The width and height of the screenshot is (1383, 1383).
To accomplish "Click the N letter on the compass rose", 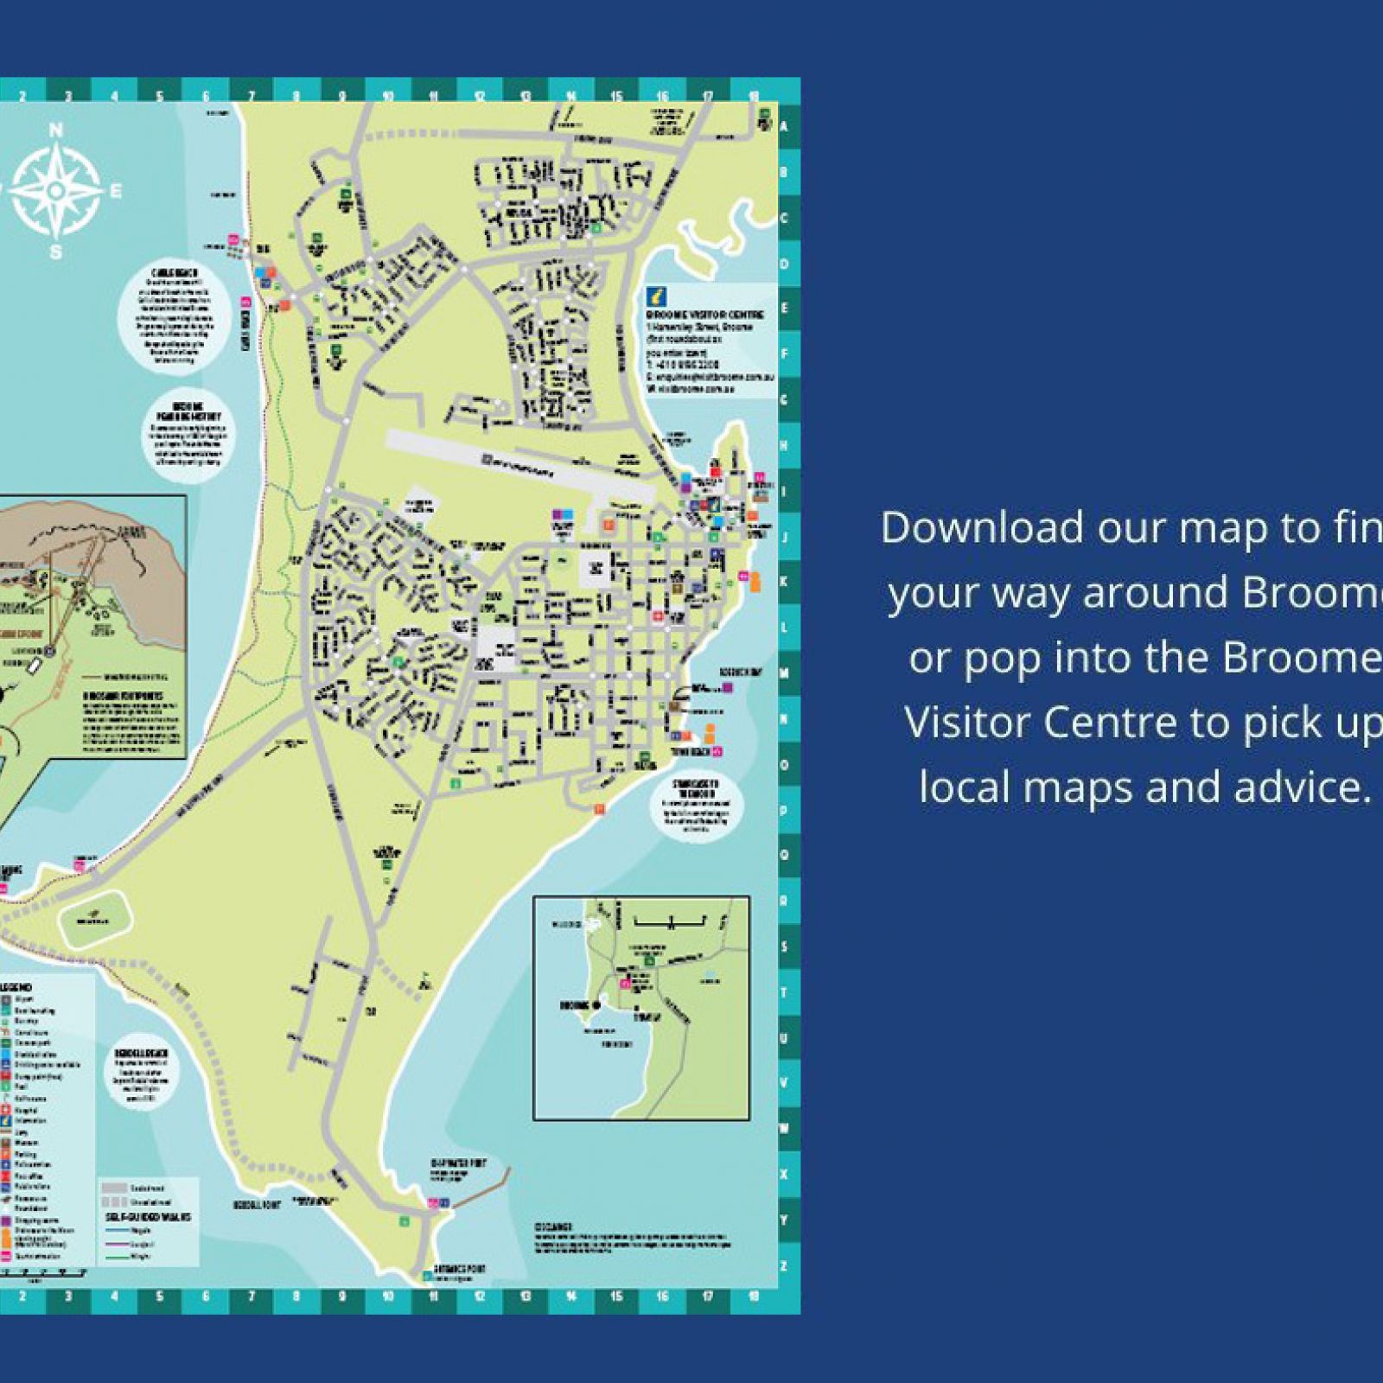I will pyautogui.click(x=56, y=131).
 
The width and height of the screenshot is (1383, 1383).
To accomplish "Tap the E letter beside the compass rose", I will pyautogui.click(x=115, y=191).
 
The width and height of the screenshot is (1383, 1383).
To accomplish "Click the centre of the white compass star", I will pyautogui.click(x=56, y=190).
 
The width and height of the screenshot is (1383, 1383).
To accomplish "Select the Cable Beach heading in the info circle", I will pyautogui.click(x=175, y=274).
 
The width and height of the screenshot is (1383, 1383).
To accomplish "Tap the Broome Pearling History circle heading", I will pyautogui.click(x=187, y=411).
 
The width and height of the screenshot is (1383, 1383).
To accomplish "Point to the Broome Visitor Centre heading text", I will pyautogui.click(x=704, y=315).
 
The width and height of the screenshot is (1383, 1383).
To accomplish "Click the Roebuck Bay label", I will pyautogui.click(x=739, y=672).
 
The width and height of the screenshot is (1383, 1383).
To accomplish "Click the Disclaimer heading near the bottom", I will pyautogui.click(x=553, y=1227).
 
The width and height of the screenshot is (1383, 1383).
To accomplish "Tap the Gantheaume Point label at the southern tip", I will pyautogui.click(x=459, y=1269).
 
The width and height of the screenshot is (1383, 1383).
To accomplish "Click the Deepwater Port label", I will pyautogui.click(x=459, y=1163).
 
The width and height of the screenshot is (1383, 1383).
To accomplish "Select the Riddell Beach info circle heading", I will pyautogui.click(x=141, y=1054).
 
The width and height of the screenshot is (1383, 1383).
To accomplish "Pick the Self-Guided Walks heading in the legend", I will pyautogui.click(x=149, y=1217).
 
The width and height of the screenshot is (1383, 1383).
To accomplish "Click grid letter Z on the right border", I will pyautogui.click(x=784, y=1266).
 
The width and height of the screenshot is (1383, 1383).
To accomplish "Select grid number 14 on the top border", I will pyautogui.click(x=570, y=97).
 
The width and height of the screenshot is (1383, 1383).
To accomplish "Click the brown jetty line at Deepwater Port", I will pyautogui.click(x=484, y=1189).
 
